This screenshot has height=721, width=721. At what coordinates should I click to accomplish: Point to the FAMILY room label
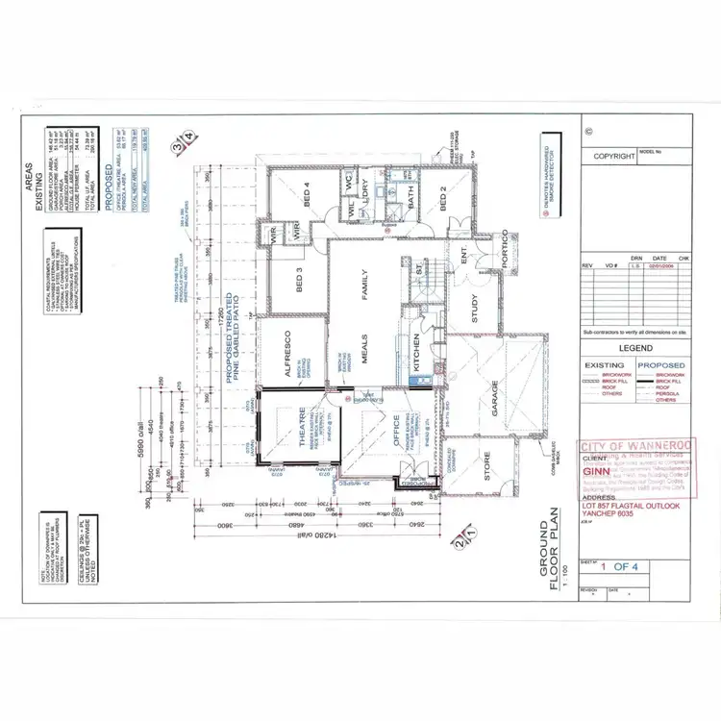point(365,284)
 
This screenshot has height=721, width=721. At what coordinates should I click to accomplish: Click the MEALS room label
point(365,360)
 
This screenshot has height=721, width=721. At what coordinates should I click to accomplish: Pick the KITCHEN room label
point(417,354)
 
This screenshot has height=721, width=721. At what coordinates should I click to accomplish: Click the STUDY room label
point(475,310)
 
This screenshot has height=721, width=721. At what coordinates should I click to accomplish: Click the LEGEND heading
point(635,348)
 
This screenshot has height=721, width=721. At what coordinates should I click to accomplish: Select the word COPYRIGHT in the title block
point(614,156)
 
